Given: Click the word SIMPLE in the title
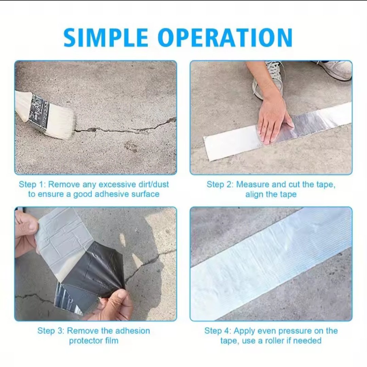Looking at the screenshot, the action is (106, 37).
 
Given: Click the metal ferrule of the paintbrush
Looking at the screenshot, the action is (40, 112).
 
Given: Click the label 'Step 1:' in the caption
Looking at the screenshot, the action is (32, 185).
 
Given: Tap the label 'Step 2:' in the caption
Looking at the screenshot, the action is (220, 185).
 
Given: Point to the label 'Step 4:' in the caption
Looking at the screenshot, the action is (218, 331).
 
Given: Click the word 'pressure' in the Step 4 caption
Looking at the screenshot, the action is (295, 331).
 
